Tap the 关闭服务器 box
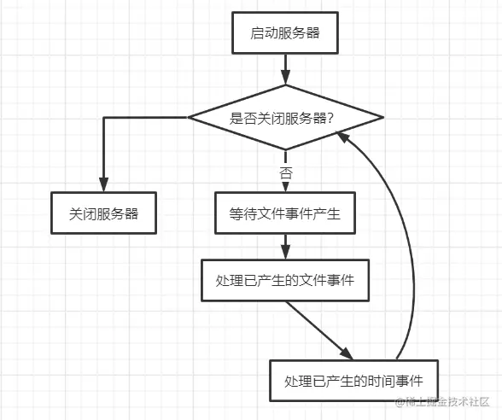click(x=103, y=214)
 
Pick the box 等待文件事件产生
click(x=285, y=214)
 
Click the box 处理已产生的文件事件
click(x=285, y=279)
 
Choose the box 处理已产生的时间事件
click(x=354, y=381)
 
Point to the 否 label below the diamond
click(x=286, y=172)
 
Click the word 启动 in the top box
click(x=261, y=34)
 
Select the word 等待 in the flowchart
click(x=242, y=214)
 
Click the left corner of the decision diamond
click(x=189, y=118)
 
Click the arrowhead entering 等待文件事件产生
click(x=284, y=188)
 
